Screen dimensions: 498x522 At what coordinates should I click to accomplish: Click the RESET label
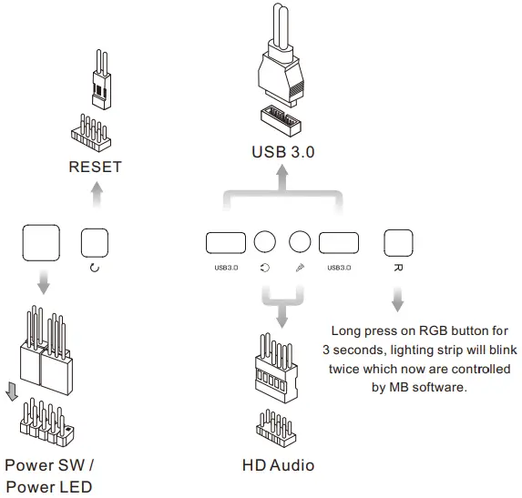point(95,167)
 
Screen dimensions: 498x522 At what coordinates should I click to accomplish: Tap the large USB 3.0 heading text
point(283,152)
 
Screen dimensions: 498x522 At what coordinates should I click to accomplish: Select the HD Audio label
point(278,465)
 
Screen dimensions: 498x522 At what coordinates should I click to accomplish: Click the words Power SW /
point(49,465)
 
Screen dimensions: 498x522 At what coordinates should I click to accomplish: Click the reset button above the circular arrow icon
point(95,242)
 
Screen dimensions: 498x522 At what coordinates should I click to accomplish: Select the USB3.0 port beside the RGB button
point(339,242)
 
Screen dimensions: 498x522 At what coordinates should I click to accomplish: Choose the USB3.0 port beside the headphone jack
point(225,242)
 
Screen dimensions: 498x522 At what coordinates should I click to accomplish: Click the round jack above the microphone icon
point(301,242)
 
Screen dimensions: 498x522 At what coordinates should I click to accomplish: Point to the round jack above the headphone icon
point(264,242)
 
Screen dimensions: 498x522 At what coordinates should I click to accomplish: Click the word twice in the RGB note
point(350,371)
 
